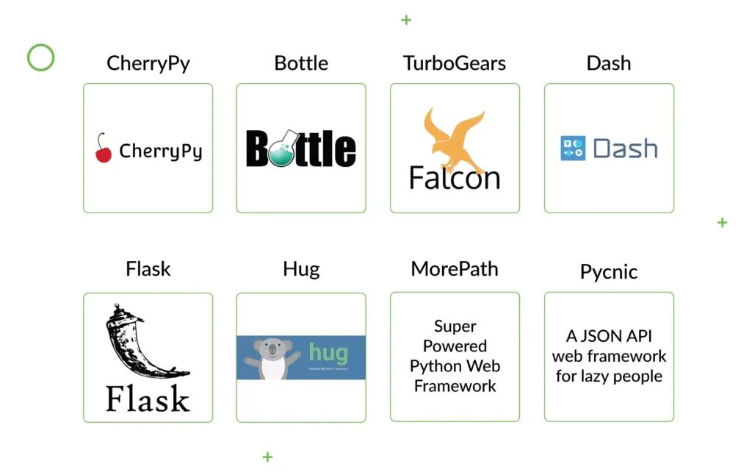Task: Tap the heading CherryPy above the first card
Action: click(148, 63)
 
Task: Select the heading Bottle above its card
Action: click(301, 63)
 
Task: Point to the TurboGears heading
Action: click(455, 63)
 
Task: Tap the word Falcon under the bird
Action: click(455, 178)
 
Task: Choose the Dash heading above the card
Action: click(609, 63)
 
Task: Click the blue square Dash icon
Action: click(573, 149)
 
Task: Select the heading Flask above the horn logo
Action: click(148, 269)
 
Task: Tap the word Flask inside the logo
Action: click(148, 399)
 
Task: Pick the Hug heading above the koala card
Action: click(301, 269)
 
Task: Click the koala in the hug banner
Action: click(272, 358)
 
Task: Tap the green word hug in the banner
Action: click(328, 352)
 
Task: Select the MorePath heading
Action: click(455, 269)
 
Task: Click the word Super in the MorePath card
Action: click(455, 326)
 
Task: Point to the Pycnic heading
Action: click(609, 272)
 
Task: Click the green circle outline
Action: click(41, 57)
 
